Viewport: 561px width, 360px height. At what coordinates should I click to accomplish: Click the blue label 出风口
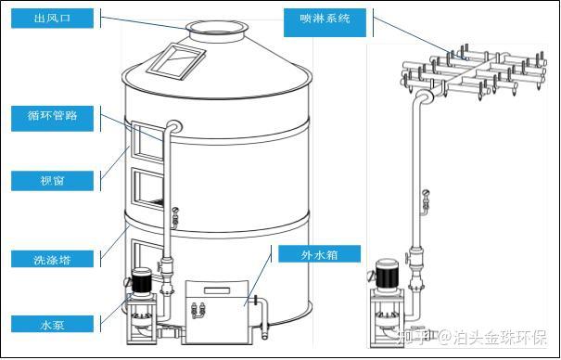point(52,19)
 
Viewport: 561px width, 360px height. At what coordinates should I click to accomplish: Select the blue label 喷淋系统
point(325,22)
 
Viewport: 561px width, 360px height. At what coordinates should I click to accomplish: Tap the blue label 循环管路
point(52,119)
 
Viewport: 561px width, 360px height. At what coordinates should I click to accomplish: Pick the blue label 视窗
point(52,181)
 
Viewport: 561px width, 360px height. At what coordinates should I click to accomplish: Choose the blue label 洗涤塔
point(52,259)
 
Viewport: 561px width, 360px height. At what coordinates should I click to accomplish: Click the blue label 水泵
point(52,324)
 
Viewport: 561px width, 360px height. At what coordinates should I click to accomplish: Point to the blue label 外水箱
point(320,253)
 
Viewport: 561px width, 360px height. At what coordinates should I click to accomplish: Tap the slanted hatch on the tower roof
point(176,61)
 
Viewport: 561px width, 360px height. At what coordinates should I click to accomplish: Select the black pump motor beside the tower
point(142,280)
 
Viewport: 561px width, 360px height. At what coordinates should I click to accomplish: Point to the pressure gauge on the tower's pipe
point(175,216)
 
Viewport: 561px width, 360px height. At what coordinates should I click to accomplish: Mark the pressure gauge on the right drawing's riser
point(426,200)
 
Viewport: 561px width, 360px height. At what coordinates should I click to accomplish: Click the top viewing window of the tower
point(147,142)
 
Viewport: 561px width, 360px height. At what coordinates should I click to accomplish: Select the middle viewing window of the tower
point(147,187)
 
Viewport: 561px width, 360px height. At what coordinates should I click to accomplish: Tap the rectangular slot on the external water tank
point(216,290)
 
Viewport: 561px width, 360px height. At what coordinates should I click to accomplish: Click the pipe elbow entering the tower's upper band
point(174,126)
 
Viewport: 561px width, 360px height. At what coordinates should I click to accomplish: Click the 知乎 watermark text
point(410,337)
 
